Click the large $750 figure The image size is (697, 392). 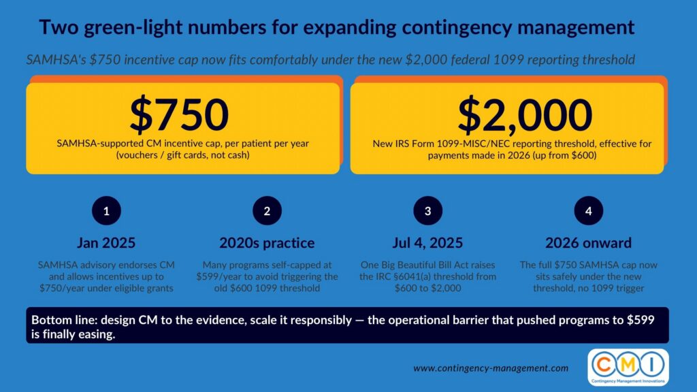tap(179, 114)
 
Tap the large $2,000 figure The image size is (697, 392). tap(525, 115)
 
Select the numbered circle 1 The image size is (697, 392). tap(106, 211)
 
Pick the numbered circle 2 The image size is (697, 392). tap(267, 211)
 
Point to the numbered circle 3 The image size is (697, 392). tap(427, 211)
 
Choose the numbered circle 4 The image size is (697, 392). tap(589, 211)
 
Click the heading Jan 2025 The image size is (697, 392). tap(106, 243)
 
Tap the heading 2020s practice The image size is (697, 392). tap(267, 243)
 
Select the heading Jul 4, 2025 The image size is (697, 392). tap(427, 243)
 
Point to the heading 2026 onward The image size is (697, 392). tap(589, 243)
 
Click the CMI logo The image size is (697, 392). tap(628, 367)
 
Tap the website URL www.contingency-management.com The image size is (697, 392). tap(491, 368)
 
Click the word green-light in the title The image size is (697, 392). tap(133, 27)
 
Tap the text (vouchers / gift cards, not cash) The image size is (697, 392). tap(182, 155)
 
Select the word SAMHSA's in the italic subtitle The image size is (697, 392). tap(56, 60)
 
